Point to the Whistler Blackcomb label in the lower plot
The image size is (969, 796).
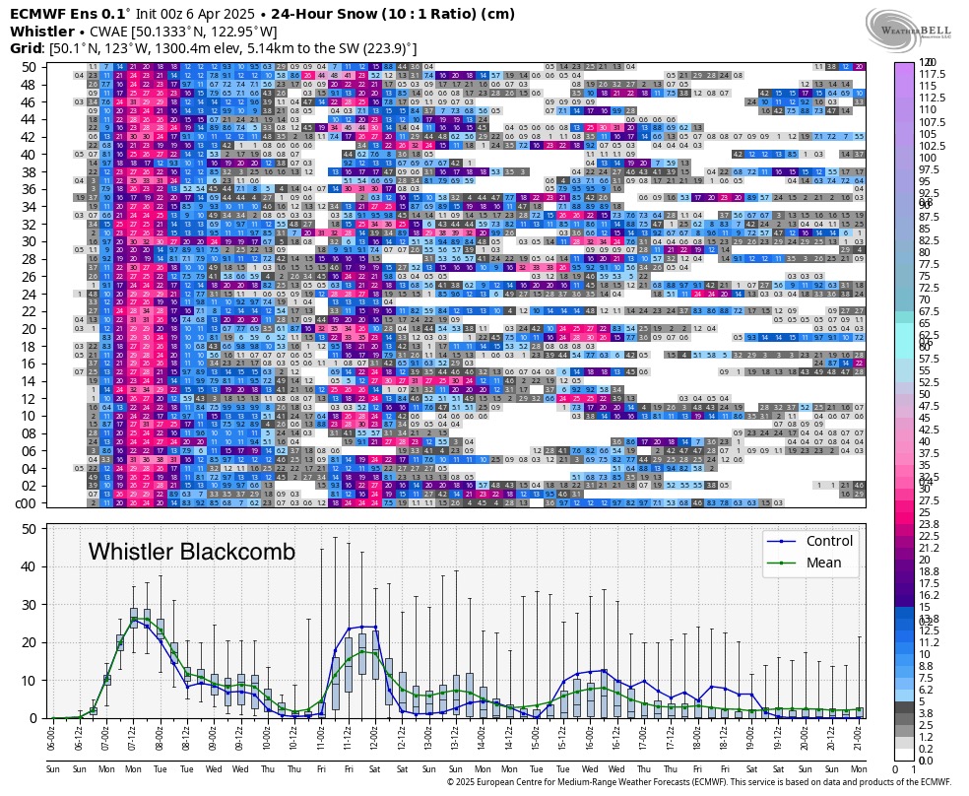[192, 552]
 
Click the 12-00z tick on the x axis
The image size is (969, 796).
[374, 737]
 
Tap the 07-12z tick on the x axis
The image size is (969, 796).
[133, 737]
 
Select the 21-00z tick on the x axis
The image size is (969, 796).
[859, 737]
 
